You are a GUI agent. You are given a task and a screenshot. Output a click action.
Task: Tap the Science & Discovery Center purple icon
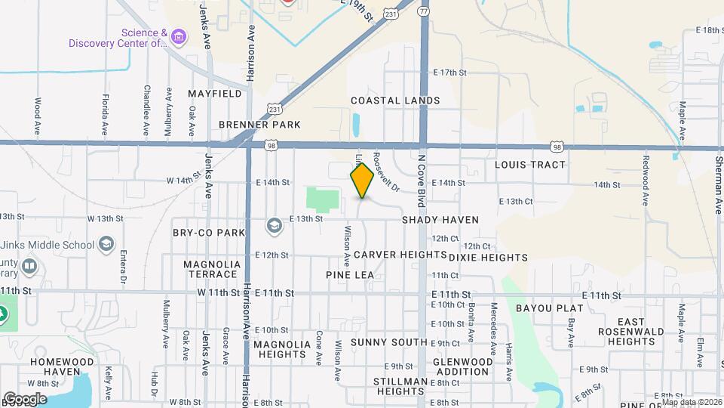pos(178,36)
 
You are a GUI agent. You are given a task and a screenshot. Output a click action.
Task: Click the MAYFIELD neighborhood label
pos(215,94)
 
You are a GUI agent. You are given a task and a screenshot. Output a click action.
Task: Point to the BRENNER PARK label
pos(259,125)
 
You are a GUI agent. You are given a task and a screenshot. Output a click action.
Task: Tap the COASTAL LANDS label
pos(395,100)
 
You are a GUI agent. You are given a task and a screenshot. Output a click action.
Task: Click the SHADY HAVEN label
pos(440,220)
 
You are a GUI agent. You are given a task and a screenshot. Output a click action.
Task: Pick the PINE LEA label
pos(351,274)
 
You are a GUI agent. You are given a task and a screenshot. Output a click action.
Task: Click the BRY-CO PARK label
pos(209,233)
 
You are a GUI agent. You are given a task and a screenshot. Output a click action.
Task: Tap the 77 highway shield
pos(424,11)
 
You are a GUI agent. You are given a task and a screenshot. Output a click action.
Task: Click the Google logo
pos(25,398)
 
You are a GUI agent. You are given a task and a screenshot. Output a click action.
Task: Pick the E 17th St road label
pos(450,73)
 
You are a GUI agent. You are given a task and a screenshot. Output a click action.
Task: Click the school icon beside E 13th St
pos(275,225)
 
